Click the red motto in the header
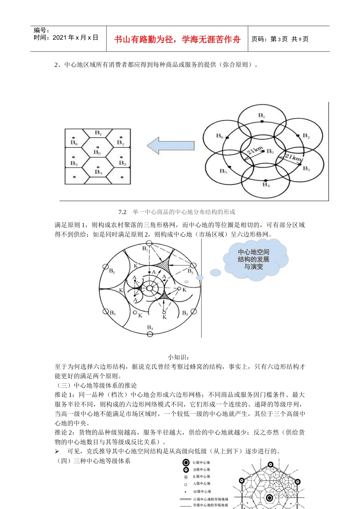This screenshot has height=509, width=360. (x=177, y=39)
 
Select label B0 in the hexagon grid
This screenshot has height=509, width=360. (x=97, y=152)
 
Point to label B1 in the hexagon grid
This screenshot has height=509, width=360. (x=98, y=133)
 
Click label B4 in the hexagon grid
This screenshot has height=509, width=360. (x=98, y=172)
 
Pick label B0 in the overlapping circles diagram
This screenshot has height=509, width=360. (x=270, y=151)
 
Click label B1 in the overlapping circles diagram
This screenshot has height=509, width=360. (x=261, y=115)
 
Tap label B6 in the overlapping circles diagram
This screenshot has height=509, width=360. (x=220, y=136)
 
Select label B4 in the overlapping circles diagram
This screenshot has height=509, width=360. (x=266, y=185)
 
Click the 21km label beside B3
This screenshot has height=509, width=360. (x=293, y=157)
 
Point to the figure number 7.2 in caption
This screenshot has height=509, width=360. (x=122, y=212)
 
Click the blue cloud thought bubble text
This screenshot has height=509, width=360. (x=254, y=259)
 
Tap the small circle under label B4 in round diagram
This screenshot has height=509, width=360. (x=150, y=334)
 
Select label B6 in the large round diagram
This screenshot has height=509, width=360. (x=112, y=271)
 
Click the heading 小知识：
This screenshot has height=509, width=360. (x=178, y=357)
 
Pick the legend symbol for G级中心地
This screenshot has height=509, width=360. (x=186, y=462)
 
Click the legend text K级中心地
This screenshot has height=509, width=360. (x=202, y=477)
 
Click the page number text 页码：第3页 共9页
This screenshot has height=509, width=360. (x=280, y=39)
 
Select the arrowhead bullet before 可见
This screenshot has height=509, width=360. (x=57, y=451)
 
